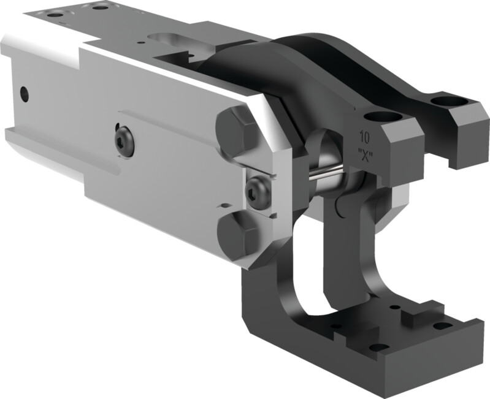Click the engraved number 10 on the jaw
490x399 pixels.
pyautogui.click(x=365, y=137)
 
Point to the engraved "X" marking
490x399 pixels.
pyautogui.click(x=366, y=155)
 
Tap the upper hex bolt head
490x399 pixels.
pyautogui.click(x=237, y=131)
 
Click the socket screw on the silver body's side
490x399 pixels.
pyautogui.click(x=124, y=142)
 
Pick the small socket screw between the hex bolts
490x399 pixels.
pyautogui.click(x=258, y=192)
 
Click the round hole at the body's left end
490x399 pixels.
pyautogui.click(x=24, y=94)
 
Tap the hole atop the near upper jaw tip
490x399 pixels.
pyautogui.click(x=383, y=118)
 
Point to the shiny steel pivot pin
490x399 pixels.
pyautogui.click(x=325, y=173)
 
